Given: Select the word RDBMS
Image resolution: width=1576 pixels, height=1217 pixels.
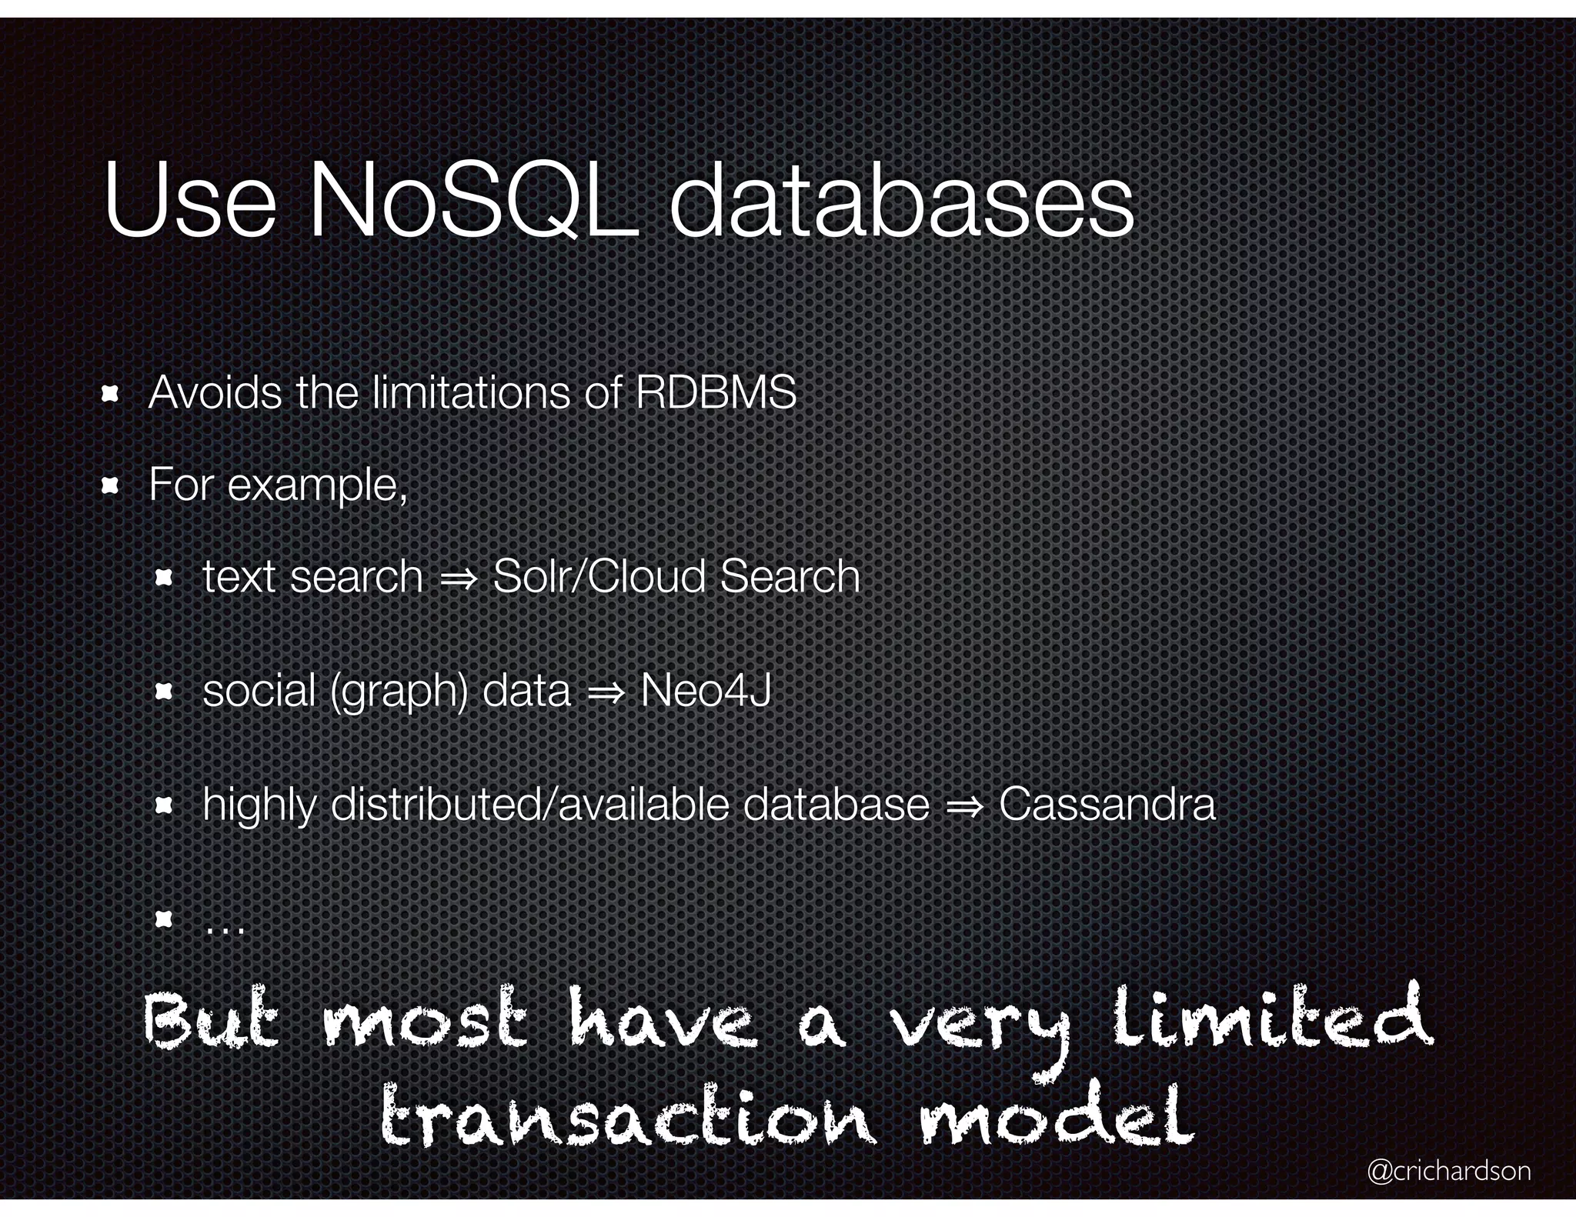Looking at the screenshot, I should click(716, 392).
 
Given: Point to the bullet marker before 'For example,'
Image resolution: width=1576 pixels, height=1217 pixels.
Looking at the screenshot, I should click(110, 486).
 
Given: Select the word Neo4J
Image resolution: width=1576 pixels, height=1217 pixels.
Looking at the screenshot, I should click(706, 690).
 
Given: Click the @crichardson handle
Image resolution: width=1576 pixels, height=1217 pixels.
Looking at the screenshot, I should click(1449, 1171).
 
